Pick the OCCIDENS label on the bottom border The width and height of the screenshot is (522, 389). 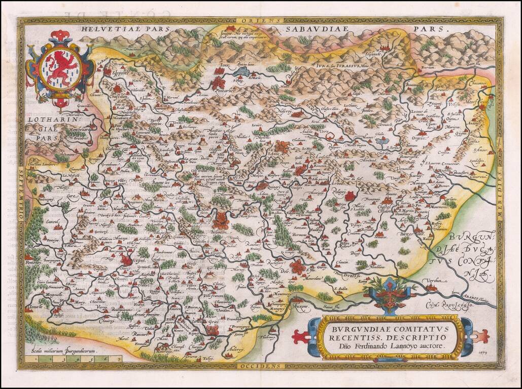tap(260, 365)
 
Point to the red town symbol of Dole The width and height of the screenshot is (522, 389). tap(298, 266)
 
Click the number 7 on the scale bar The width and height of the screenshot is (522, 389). tap(118, 359)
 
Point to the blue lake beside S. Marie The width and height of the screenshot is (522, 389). tap(242, 72)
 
